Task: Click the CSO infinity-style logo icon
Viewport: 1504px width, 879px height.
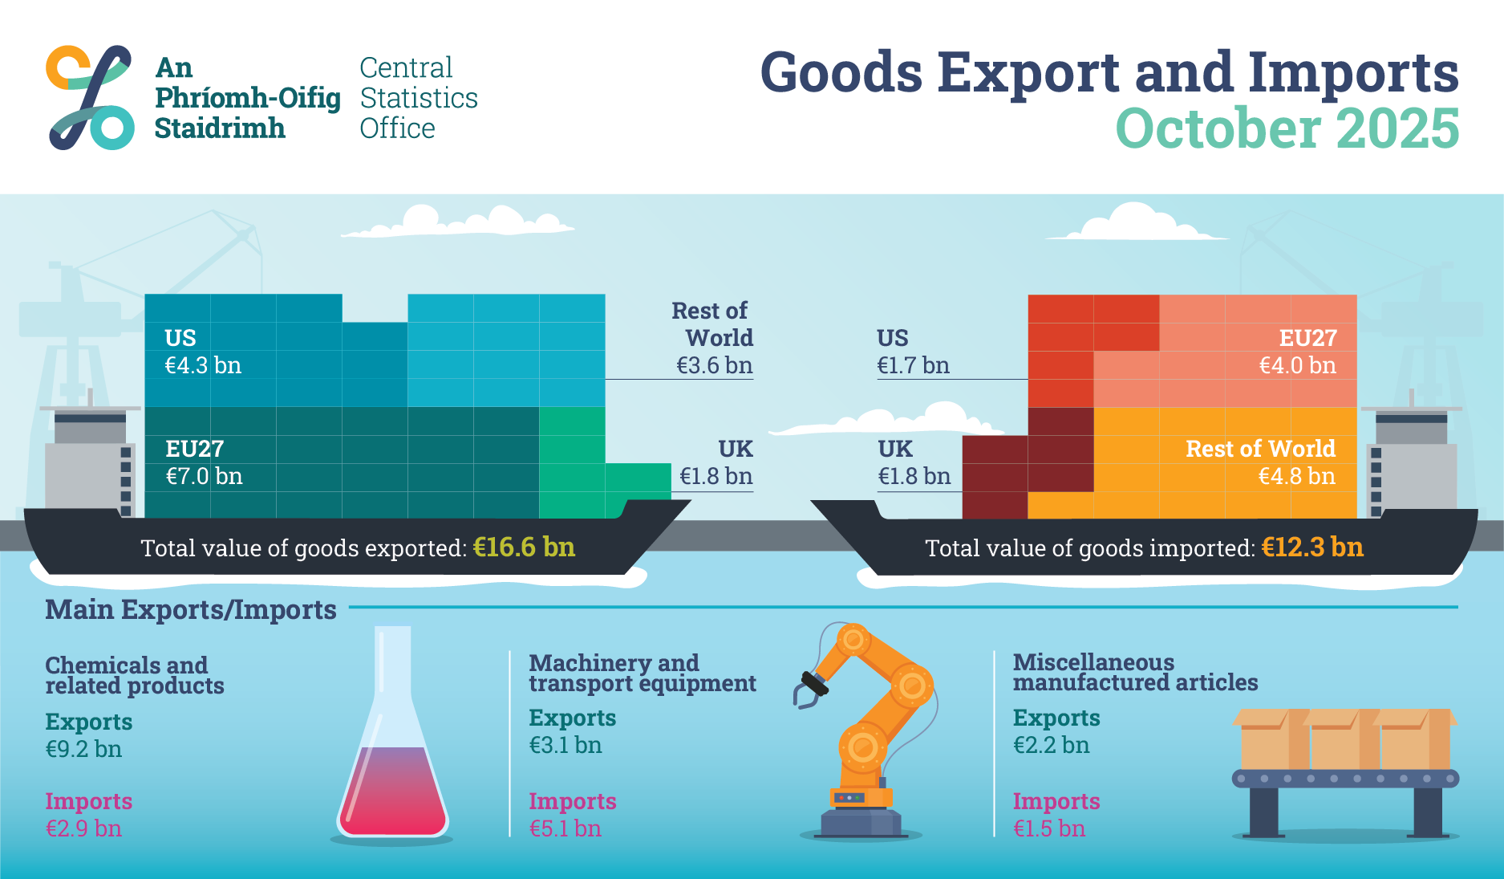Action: pyautogui.click(x=89, y=97)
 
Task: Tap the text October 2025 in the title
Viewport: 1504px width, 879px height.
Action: pyautogui.click(x=1287, y=129)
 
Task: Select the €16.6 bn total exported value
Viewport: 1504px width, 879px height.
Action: pyautogui.click(x=524, y=547)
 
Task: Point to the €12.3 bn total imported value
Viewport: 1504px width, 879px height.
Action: pyautogui.click(x=1311, y=547)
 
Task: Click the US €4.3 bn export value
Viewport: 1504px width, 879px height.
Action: pyautogui.click(x=203, y=366)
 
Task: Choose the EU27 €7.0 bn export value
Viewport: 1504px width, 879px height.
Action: pyautogui.click(x=204, y=477)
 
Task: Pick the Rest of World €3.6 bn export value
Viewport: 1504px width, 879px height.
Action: pyautogui.click(x=714, y=366)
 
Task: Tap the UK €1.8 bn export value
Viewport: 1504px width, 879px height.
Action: pyautogui.click(x=716, y=477)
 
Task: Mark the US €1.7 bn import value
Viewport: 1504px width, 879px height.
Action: pyautogui.click(x=913, y=366)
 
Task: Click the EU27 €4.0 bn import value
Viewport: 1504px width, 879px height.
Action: pyautogui.click(x=1297, y=366)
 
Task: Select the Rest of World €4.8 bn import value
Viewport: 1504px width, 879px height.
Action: pyautogui.click(x=1296, y=477)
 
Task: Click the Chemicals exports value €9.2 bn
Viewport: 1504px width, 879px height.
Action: pyautogui.click(x=83, y=750)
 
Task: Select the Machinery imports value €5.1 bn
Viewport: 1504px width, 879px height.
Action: pyautogui.click(x=565, y=828)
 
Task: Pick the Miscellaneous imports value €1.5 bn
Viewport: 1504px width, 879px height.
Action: pyautogui.click(x=1048, y=828)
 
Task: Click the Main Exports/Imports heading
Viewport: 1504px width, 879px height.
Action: pyautogui.click(x=191, y=610)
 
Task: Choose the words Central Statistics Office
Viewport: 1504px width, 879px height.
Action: pyautogui.click(x=418, y=98)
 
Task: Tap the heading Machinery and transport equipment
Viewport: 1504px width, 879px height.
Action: pyautogui.click(x=642, y=673)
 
